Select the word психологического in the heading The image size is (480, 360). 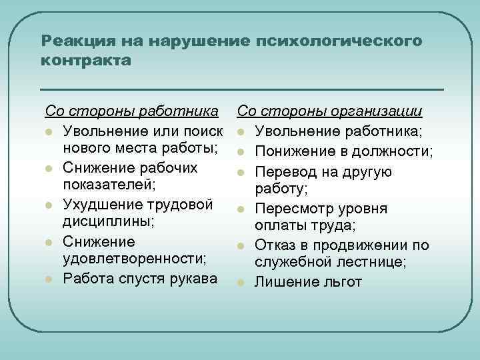(x=339, y=41)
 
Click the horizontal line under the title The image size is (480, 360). (x=241, y=89)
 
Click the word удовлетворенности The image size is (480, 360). (x=133, y=259)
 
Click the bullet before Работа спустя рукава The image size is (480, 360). (x=49, y=279)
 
